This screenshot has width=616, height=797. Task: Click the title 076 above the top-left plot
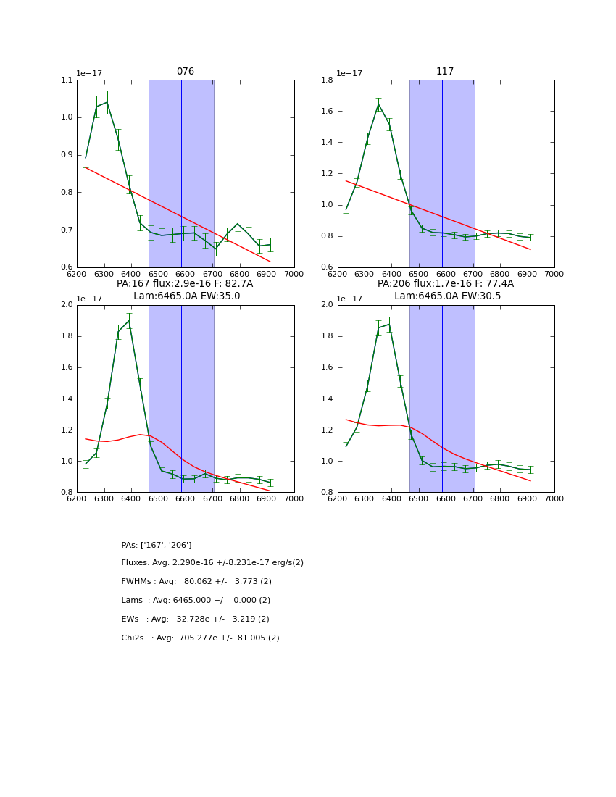click(x=186, y=72)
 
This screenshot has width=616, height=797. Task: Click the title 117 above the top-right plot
click(x=445, y=72)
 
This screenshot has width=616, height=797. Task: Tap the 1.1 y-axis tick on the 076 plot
click(x=67, y=80)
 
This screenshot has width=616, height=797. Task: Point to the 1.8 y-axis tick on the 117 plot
click(x=328, y=80)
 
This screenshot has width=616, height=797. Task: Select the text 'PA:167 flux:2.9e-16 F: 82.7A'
click(x=186, y=284)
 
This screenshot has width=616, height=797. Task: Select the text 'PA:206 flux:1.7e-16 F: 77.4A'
click(x=446, y=284)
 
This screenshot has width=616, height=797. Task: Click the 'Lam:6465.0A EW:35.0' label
click(x=186, y=296)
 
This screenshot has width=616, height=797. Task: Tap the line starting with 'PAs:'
click(x=157, y=545)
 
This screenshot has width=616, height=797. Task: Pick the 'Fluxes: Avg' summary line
click(x=212, y=563)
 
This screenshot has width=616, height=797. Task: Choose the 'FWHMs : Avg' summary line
click(x=196, y=582)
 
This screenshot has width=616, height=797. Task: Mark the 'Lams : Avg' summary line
click(x=196, y=601)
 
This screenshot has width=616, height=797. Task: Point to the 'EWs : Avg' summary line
click(x=195, y=619)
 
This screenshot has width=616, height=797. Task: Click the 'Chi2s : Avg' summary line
click(x=200, y=638)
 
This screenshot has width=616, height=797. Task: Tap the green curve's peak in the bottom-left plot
click(x=129, y=320)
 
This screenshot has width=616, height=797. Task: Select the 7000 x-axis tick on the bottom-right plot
click(x=554, y=498)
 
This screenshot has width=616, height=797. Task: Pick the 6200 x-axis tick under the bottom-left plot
click(x=76, y=498)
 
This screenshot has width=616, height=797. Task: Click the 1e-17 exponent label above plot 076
click(x=89, y=74)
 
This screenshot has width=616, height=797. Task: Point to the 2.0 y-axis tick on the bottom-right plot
click(x=328, y=305)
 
